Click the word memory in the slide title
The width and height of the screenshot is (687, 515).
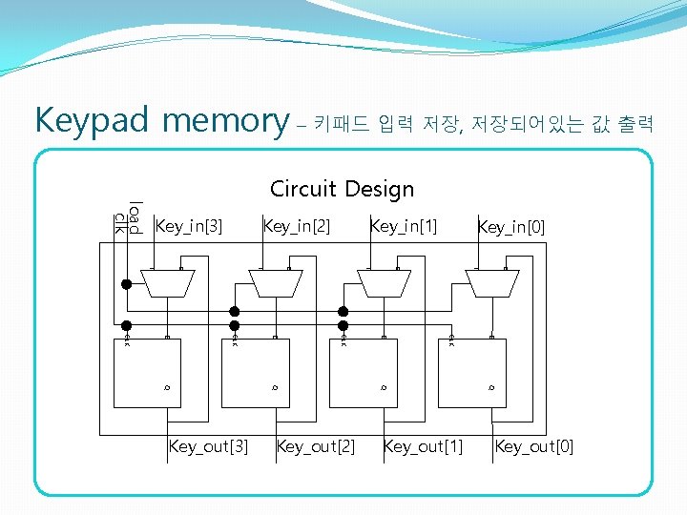click(225, 121)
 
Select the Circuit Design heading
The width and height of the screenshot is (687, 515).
click(342, 189)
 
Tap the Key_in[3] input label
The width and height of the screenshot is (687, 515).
click(188, 226)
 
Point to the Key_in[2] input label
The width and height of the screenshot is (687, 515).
click(296, 226)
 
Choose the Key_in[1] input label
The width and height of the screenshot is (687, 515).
click(403, 226)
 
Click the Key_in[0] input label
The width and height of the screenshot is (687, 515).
click(511, 227)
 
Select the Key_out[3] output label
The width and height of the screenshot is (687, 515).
click(208, 445)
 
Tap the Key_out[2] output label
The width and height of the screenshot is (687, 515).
click(316, 445)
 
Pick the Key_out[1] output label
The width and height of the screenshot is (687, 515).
click(423, 445)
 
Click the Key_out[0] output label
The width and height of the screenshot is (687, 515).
click(534, 445)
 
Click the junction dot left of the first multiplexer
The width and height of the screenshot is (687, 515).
click(125, 283)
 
